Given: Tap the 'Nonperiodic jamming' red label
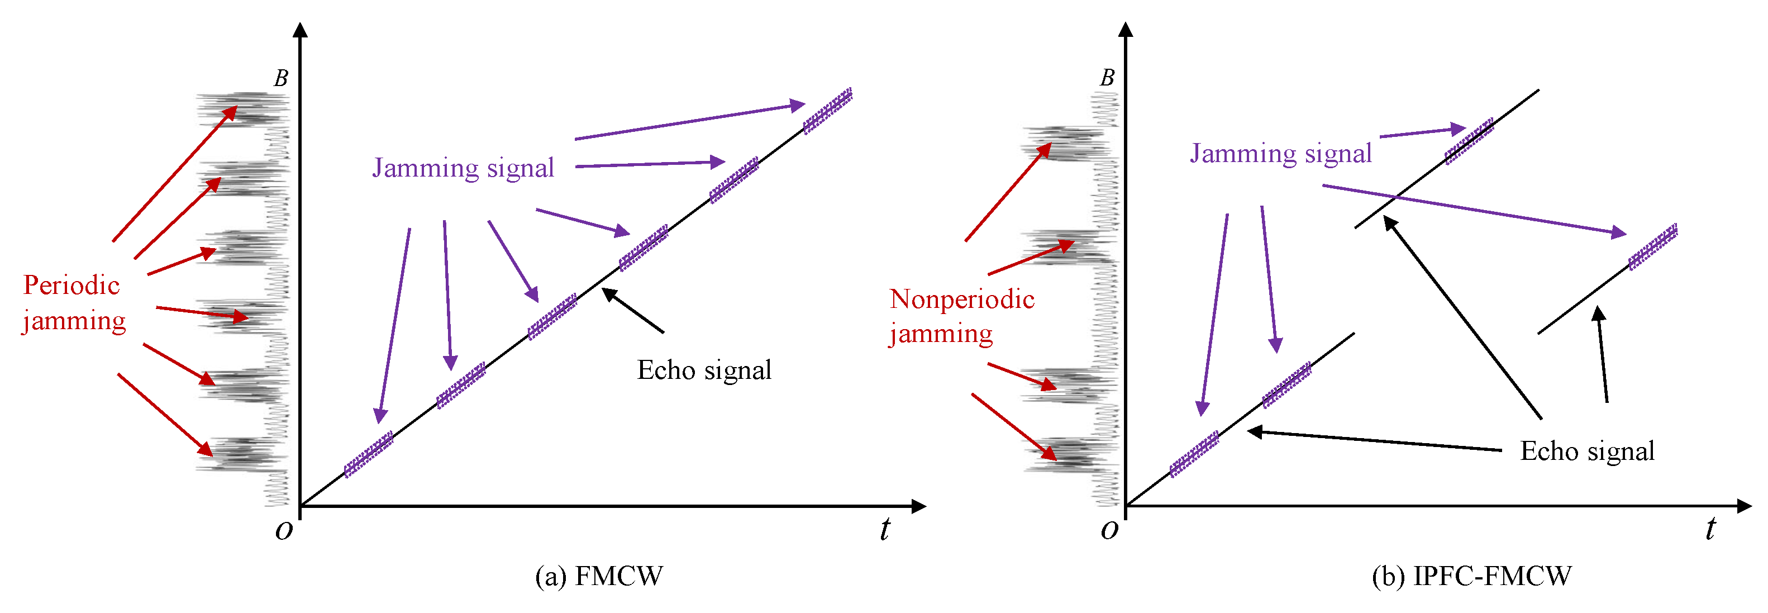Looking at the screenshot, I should pyautogui.click(x=961, y=316).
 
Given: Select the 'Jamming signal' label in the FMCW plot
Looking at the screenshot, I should pyautogui.click(x=463, y=168).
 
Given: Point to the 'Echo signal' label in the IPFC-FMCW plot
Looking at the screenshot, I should pyautogui.click(x=1587, y=451).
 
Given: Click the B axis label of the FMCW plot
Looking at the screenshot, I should pyautogui.click(x=281, y=79).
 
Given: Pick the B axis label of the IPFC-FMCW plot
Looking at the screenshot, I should pyautogui.click(x=1107, y=78).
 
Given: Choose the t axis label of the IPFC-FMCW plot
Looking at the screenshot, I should pyautogui.click(x=1710, y=529).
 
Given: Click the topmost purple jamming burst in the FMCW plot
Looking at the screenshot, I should pyautogui.click(x=828, y=110).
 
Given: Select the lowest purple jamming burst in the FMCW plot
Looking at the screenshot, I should pyautogui.click(x=369, y=454).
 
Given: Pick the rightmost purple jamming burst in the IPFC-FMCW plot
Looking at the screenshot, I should pyautogui.click(x=1653, y=246).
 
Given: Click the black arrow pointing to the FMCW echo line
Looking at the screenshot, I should pyautogui.click(x=633, y=311).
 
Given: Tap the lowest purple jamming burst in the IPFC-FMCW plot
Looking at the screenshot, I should pyautogui.click(x=1194, y=454).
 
